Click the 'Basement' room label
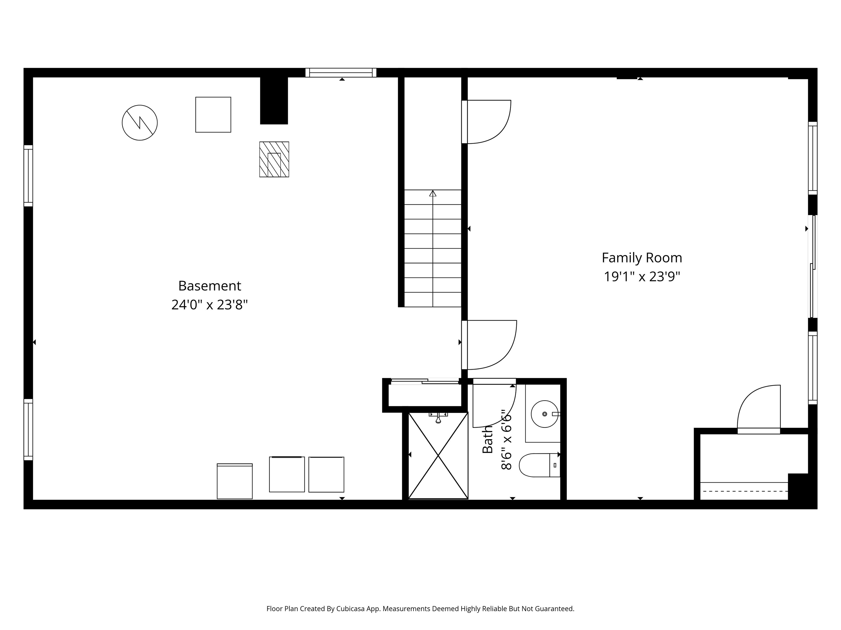coord(209,286)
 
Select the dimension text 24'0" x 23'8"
coord(209,305)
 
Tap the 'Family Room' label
coord(642,258)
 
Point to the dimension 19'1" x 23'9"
coord(642,276)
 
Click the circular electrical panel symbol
coord(140,123)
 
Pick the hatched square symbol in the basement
coord(274,159)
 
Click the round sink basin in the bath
coord(545,414)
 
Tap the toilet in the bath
coord(538,465)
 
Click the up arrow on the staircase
coord(433,194)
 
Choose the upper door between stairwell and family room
coord(487,121)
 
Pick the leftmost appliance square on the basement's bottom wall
coord(235,481)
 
